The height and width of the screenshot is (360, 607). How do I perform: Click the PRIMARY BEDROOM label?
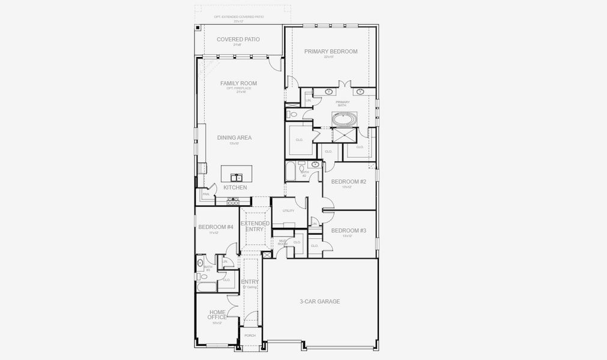coord(330,52)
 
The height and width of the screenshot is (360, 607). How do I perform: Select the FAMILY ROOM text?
coord(234,83)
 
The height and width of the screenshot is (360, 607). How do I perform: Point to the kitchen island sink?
coord(237,177)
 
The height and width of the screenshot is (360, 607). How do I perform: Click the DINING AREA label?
coord(234,137)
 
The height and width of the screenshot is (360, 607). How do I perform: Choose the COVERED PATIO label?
coord(238,40)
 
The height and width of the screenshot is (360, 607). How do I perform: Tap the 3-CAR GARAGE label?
coord(320,301)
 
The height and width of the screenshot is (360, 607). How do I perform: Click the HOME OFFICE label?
coord(217,315)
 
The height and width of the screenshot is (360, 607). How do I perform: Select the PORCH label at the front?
coord(250,335)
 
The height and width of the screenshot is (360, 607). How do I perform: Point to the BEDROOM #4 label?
coord(216,227)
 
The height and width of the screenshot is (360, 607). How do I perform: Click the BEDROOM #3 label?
coord(348,231)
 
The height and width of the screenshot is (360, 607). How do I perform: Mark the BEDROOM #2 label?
coord(348,182)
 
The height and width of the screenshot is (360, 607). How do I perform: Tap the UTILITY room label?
coord(288,211)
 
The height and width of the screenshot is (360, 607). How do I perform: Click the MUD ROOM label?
coord(282,242)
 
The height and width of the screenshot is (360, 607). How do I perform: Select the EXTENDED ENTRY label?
coord(255,226)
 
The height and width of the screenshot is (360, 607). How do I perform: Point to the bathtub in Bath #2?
coord(291,172)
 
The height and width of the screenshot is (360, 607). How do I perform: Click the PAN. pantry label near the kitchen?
coord(205,194)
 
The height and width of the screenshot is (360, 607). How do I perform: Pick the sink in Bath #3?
coord(200,263)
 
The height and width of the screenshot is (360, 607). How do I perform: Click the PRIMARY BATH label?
coord(342,104)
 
